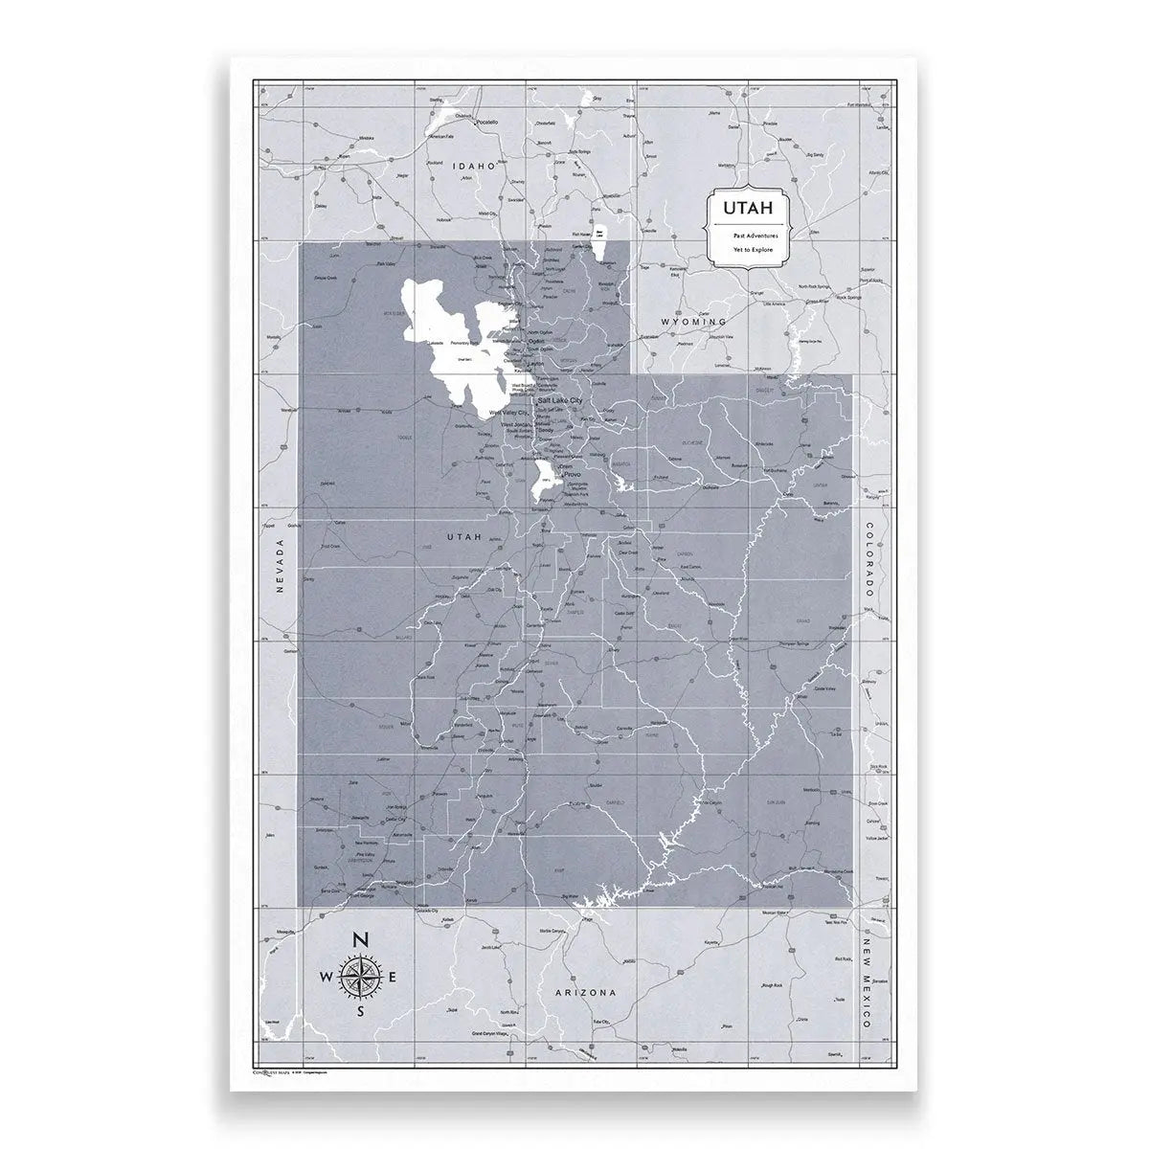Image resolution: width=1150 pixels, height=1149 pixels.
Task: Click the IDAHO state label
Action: click(476, 166)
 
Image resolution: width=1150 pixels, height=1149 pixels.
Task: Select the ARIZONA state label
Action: click(586, 993)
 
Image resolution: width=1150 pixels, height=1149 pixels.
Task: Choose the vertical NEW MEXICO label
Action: click(867, 982)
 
